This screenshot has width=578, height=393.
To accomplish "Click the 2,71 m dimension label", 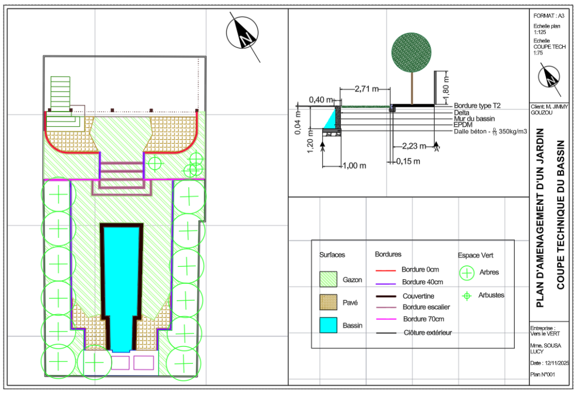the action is pyautogui.click(x=366, y=89).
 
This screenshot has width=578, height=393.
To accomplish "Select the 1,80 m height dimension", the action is pyautogui.click(x=446, y=87).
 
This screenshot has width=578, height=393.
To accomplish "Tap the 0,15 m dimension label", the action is pyautogui.click(x=408, y=161).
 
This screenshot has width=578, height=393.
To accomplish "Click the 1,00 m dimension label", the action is pyautogui.click(x=354, y=166).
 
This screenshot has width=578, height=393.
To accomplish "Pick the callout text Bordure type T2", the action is pyautogui.click(x=477, y=105).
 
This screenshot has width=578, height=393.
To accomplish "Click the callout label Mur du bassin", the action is pyautogui.click(x=474, y=118).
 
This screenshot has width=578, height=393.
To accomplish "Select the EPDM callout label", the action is pyautogui.click(x=463, y=125).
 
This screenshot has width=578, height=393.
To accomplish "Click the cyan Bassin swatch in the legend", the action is pyautogui.click(x=328, y=325).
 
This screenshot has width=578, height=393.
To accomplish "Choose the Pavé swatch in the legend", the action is pyautogui.click(x=328, y=302).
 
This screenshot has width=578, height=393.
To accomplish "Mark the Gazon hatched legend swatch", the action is pyautogui.click(x=328, y=279).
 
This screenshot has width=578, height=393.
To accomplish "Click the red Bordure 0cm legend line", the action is pyautogui.click(x=386, y=271).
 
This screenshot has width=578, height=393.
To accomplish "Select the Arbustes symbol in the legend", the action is pyautogui.click(x=467, y=296).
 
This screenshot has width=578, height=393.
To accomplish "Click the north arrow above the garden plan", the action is pyautogui.click(x=242, y=34).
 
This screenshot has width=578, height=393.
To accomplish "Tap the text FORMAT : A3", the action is pyautogui.click(x=549, y=16).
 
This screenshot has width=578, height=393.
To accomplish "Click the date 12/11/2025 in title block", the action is pyautogui.click(x=556, y=363).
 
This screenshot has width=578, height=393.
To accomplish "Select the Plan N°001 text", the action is pyautogui.click(x=542, y=374).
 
